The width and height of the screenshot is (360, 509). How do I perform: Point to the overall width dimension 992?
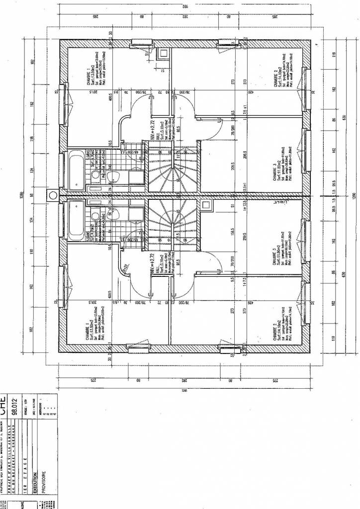tap(184, 6)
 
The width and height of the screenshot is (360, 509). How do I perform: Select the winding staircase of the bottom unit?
tap(163, 219)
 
